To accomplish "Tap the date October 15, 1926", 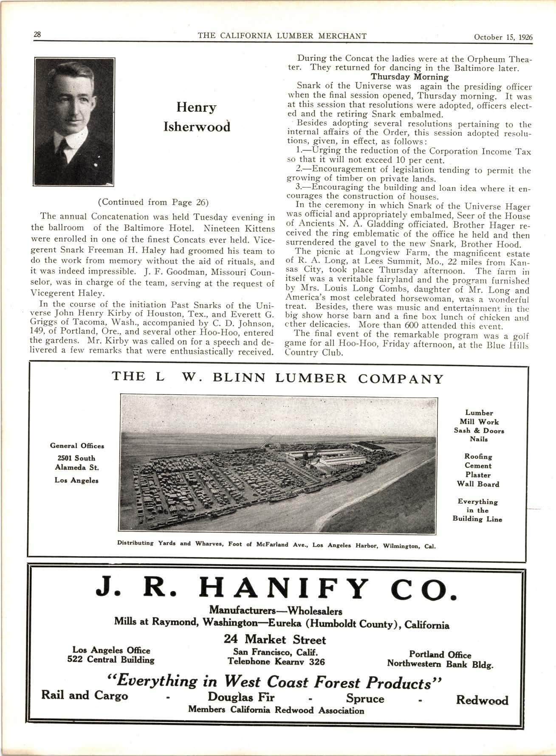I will point(503,37).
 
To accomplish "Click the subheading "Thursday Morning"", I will point(409,77).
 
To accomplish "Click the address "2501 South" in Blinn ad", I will point(76,458).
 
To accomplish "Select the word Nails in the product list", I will point(479,439).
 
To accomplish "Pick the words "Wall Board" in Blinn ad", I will point(478,484).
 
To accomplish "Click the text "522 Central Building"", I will point(111,660).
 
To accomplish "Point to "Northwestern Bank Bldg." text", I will point(440,664).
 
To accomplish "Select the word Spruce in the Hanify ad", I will point(365,698).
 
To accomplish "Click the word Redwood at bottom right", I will point(482,700).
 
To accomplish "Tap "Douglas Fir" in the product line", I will point(241,697).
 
